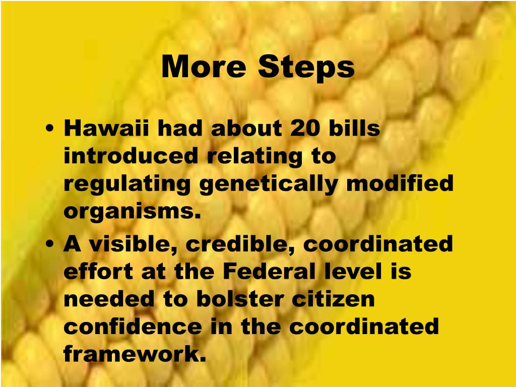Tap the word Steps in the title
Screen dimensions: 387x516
306,67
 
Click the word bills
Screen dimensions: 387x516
355,129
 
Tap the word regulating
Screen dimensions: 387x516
127,185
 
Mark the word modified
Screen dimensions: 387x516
401,184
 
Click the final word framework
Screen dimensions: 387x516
135,354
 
